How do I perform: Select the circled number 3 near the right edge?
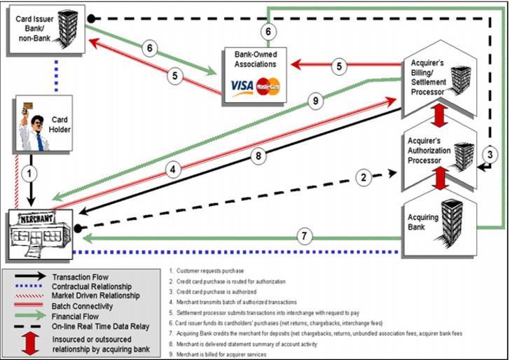[x=491, y=155]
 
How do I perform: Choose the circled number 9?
[x=317, y=100]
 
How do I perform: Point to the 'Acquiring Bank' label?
[x=424, y=222]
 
